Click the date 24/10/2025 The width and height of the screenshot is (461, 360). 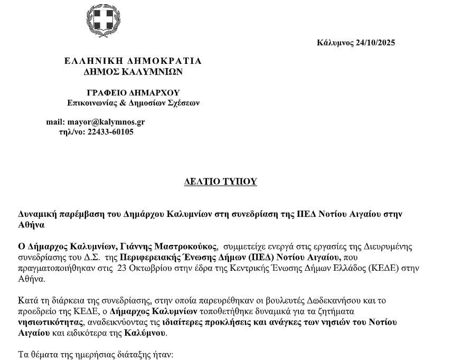click(x=375, y=43)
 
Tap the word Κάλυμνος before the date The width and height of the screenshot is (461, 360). click(x=335, y=43)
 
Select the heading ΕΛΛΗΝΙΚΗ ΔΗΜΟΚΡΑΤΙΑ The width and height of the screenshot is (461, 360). click(x=133, y=61)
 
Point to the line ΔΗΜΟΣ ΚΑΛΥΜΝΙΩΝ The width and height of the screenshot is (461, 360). click(x=133, y=71)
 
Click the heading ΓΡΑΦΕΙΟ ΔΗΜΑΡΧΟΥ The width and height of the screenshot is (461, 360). click(x=133, y=93)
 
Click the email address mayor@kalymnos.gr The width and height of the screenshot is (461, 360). click(x=106, y=122)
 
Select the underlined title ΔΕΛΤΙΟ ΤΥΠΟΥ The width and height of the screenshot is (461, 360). click(x=220, y=182)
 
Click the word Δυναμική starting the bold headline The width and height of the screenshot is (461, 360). click(x=37, y=215)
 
